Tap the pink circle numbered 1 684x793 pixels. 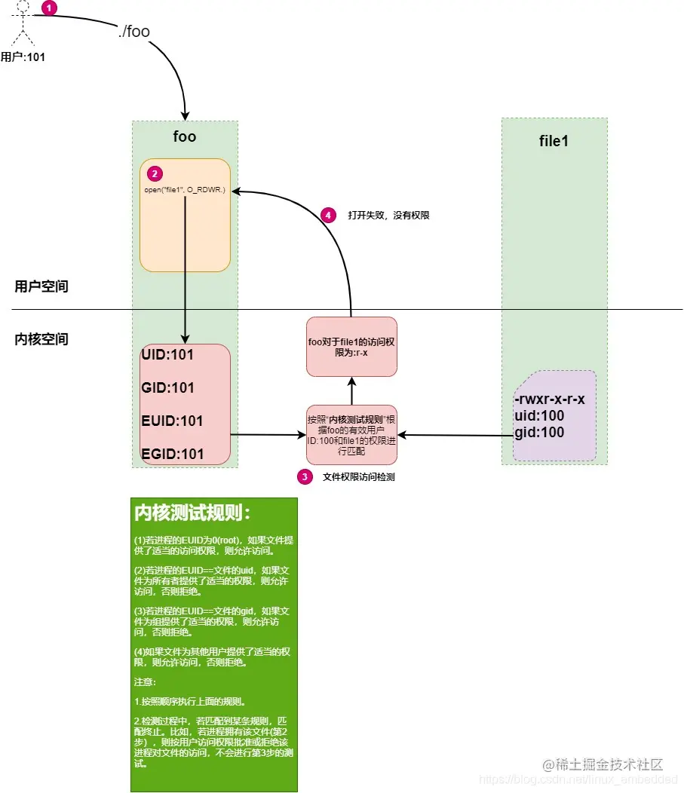click(48, 8)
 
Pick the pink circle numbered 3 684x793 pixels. click(304, 476)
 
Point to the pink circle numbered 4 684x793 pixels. click(327, 215)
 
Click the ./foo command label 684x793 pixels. click(134, 32)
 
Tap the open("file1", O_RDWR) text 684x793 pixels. click(185, 190)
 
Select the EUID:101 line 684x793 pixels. click(172, 421)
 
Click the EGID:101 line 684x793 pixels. click(172, 454)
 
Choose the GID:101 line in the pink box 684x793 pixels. click(167, 387)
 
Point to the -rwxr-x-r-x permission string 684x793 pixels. click(549, 399)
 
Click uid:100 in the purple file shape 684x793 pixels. click(538, 415)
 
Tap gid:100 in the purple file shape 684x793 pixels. click(538, 432)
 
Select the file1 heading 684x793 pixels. click(554, 141)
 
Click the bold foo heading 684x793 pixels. click(184, 136)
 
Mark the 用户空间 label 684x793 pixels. click(41, 286)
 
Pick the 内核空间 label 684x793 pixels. click(41, 339)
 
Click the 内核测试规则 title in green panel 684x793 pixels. click(192, 513)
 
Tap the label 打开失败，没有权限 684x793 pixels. click(388, 215)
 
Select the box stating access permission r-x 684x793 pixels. click(351, 346)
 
